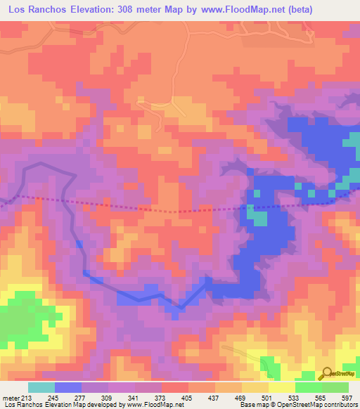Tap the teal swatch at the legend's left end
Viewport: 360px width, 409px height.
pyautogui.click(x=41, y=387)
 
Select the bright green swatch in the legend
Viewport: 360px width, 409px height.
pyautogui.click(x=309, y=387)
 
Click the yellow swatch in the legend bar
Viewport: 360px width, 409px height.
pyautogui.click(x=282, y=387)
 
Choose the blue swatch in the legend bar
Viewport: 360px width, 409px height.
pyautogui.click(x=68, y=387)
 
